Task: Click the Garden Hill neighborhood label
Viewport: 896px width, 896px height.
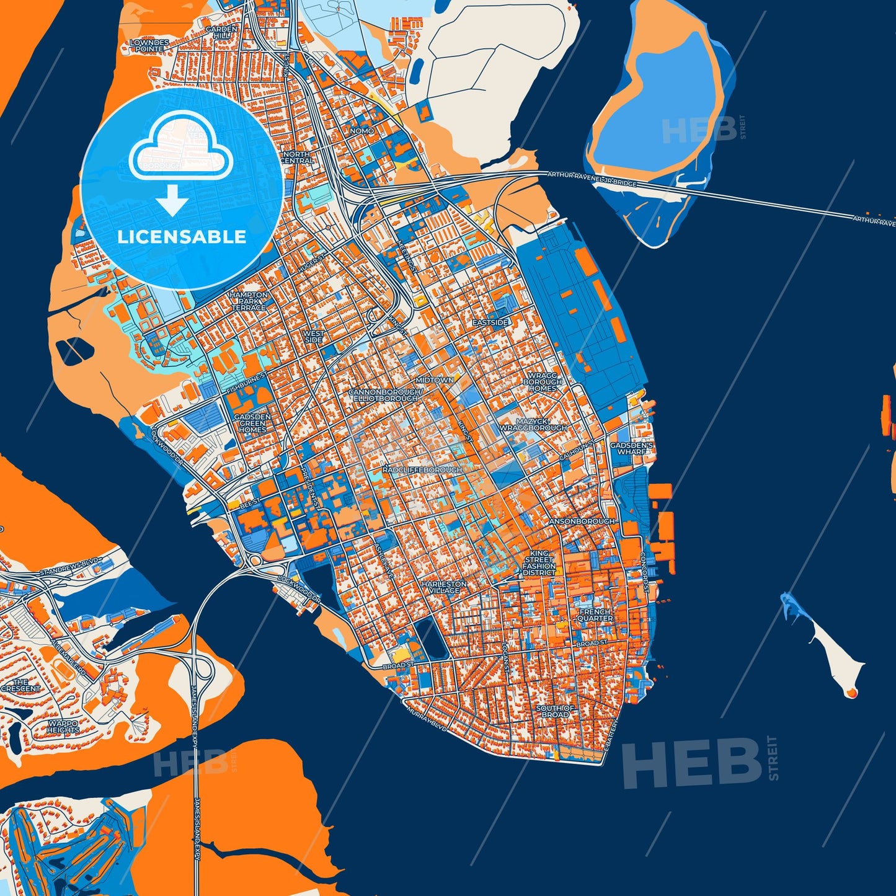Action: (221, 33)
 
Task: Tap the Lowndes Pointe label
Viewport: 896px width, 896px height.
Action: (149, 45)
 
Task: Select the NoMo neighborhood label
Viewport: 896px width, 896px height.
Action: (362, 131)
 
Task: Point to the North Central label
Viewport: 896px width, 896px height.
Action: (297, 157)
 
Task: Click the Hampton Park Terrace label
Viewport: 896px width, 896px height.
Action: (249, 301)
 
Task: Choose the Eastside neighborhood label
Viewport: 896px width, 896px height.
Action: (490, 323)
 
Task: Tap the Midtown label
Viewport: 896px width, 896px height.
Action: (435, 379)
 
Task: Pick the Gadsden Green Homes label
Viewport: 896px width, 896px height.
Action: (252, 423)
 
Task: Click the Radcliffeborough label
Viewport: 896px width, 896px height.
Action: (422, 470)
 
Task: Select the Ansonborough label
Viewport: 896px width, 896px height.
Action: (582, 521)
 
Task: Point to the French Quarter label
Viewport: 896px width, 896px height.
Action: (595, 615)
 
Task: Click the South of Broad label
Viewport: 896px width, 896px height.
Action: (555, 711)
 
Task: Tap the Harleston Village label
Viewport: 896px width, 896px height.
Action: (445, 587)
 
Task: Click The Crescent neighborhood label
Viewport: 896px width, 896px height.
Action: (20, 685)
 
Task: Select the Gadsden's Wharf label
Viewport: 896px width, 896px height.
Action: (631, 448)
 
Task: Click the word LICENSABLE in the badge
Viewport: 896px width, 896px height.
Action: (182, 237)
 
